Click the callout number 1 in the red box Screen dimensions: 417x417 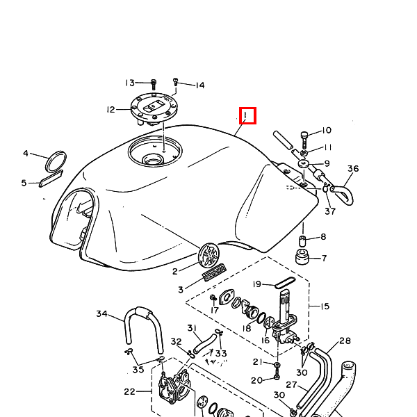(x=245, y=115)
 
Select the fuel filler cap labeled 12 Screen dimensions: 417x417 (x=154, y=108)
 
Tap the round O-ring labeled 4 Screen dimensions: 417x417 (x=56, y=161)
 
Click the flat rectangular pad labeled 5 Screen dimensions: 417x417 (x=51, y=179)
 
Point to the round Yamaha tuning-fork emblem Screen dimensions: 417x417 (x=210, y=255)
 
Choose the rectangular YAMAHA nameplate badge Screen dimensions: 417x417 (x=214, y=272)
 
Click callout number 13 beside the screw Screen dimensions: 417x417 (x=130, y=83)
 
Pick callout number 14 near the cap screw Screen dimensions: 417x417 (x=200, y=85)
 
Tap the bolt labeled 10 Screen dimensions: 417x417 (x=305, y=140)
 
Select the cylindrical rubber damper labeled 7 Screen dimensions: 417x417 (x=302, y=257)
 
